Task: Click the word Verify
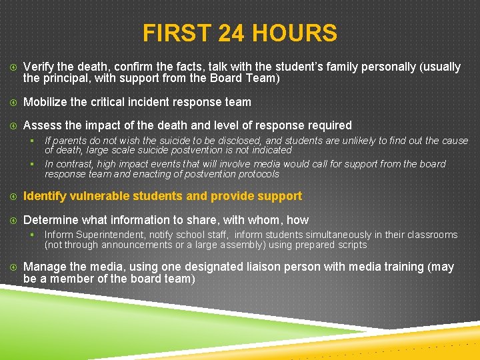[x=39, y=67]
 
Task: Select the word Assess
[x=42, y=125]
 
